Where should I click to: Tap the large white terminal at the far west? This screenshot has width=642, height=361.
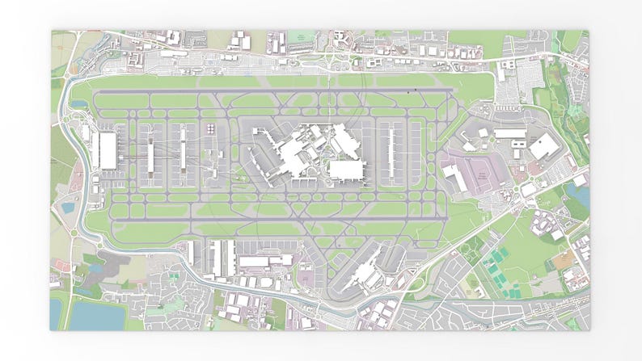[x=108, y=150]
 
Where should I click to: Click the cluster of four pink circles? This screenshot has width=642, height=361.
[x=210, y=129]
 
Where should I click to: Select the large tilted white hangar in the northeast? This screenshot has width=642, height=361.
[x=543, y=148]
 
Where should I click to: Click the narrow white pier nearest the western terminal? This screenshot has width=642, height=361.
[x=151, y=153]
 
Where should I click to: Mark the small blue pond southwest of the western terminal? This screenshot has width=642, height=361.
[x=69, y=208]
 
